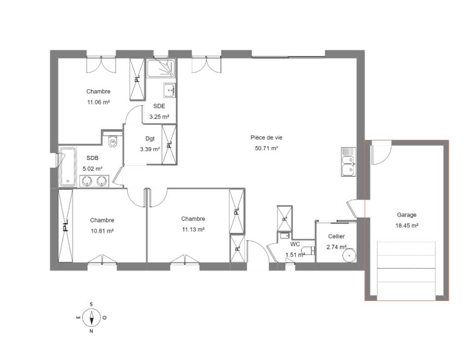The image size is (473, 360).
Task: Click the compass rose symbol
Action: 91,317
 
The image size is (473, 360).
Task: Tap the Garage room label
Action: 406,215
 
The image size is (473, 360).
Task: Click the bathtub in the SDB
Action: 66,166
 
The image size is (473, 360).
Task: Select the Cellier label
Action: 336,237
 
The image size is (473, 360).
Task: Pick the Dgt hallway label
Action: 150,139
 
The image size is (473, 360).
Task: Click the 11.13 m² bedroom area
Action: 193,229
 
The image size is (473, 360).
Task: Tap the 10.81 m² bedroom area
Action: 102,231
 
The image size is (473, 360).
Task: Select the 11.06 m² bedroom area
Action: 98,102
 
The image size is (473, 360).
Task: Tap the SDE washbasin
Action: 169,90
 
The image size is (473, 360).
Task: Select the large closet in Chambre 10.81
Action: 66,226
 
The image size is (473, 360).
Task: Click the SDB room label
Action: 92,158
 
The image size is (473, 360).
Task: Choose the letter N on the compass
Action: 91,331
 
